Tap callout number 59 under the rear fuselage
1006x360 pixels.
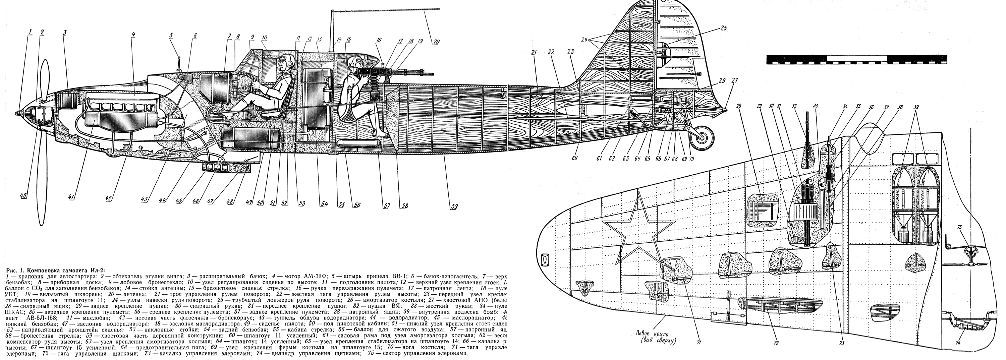click(x=454, y=205)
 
